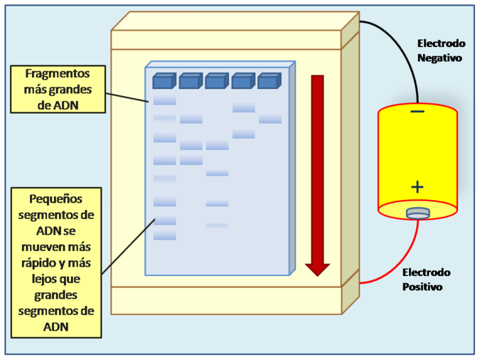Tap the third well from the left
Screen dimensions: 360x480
pos(215,81)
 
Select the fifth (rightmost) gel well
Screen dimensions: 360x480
pos(268,81)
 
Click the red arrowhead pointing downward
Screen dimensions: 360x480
pos(317,269)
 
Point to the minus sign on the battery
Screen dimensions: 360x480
pos(417,112)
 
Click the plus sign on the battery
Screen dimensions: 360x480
pos(417,187)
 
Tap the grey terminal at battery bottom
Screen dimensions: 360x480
pos(417,213)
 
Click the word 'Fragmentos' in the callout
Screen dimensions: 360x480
pos(58,73)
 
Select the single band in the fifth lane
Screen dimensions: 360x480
pos(270,120)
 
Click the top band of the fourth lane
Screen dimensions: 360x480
pos(243,107)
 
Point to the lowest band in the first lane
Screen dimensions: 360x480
pos(164,235)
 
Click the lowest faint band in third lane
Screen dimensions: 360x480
pos(217,225)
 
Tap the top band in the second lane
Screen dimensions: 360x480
pos(191,119)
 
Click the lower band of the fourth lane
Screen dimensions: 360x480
pos(243,134)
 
